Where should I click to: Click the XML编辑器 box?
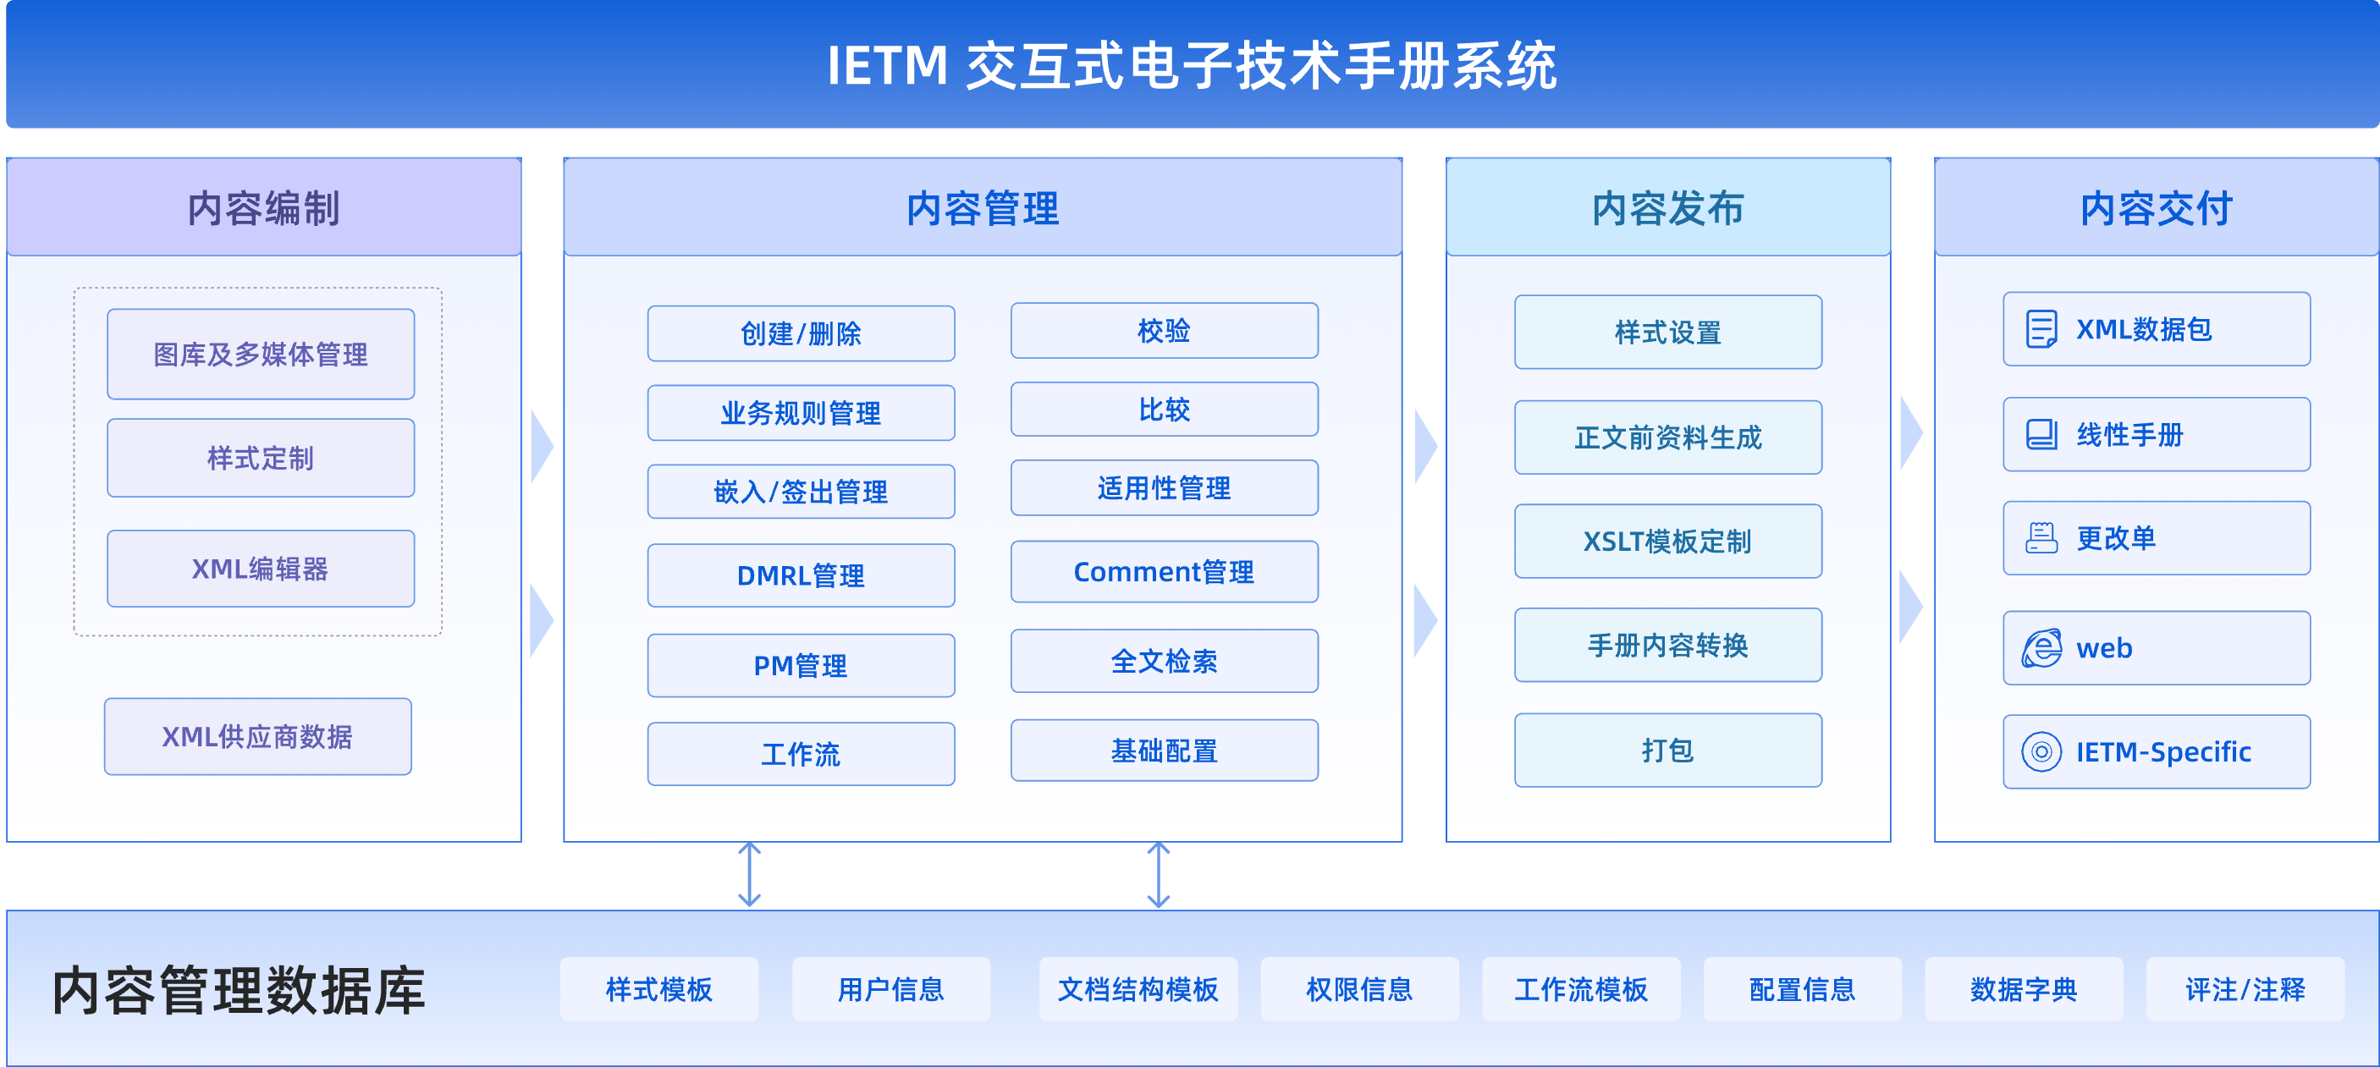click(x=261, y=568)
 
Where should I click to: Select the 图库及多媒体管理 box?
click(x=261, y=354)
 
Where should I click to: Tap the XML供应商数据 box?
click(x=258, y=736)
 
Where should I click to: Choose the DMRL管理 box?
click(x=801, y=575)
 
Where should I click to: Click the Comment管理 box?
click(x=1164, y=572)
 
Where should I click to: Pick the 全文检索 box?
click(x=1164, y=661)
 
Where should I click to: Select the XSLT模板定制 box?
click(x=1668, y=542)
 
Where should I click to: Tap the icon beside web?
click(x=2041, y=647)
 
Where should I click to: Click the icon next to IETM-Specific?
click(x=2041, y=752)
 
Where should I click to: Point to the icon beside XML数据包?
click(x=2041, y=329)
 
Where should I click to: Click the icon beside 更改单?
click(x=2041, y=537)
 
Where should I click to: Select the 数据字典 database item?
click(x=2024, y=989)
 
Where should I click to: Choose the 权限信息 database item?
click(x=1360, y=989)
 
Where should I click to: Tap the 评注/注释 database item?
click(x=2245, y=989)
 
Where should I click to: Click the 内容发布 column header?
click(x=1668, y=207)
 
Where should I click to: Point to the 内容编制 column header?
click(x=264, y=207)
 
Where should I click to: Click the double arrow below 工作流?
click(x=749, y=874)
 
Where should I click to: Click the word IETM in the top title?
click(x=888, y=66)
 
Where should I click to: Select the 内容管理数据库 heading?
click(x=239, y=990)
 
